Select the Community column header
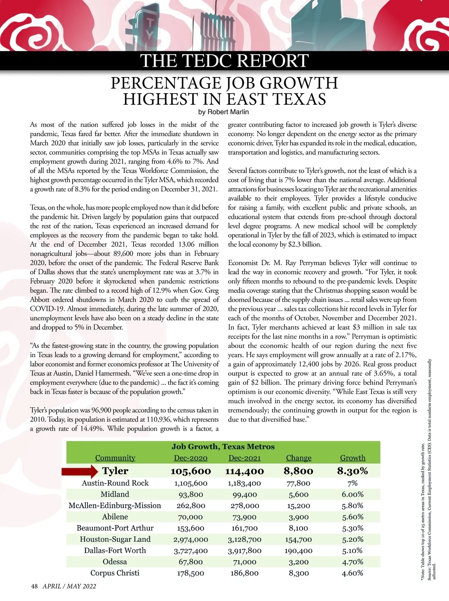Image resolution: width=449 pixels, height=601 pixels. pos(115,458)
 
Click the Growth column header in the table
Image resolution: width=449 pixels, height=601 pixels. pos(352,458)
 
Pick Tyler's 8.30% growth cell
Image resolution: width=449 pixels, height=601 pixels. pos(352,471)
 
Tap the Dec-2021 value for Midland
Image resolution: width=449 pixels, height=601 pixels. pos(244,494)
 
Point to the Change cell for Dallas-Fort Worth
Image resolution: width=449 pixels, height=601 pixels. pos(299,550)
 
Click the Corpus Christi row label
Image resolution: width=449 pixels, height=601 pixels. pos(115,573)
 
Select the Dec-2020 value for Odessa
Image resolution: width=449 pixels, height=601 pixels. pos(190,562)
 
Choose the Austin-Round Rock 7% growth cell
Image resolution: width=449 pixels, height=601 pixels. pos(352,483)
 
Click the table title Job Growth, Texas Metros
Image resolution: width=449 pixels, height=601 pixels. pos(223,446)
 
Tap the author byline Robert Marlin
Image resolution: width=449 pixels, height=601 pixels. pos(223,112)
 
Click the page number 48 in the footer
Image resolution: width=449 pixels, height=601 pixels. pos(34,586)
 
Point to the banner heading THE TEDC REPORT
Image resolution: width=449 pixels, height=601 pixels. pos(224,61)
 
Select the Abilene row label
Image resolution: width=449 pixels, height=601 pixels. pos(115,517)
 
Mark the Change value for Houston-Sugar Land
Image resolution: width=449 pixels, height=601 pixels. pos(299,539)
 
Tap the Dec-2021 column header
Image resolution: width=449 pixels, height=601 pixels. pos(244,458)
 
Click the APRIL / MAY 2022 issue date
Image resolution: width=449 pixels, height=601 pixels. pos(69,586)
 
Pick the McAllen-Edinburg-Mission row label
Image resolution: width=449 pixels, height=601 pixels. pos(115,506)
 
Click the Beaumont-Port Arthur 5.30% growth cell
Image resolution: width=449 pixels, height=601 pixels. pos(352,528)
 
